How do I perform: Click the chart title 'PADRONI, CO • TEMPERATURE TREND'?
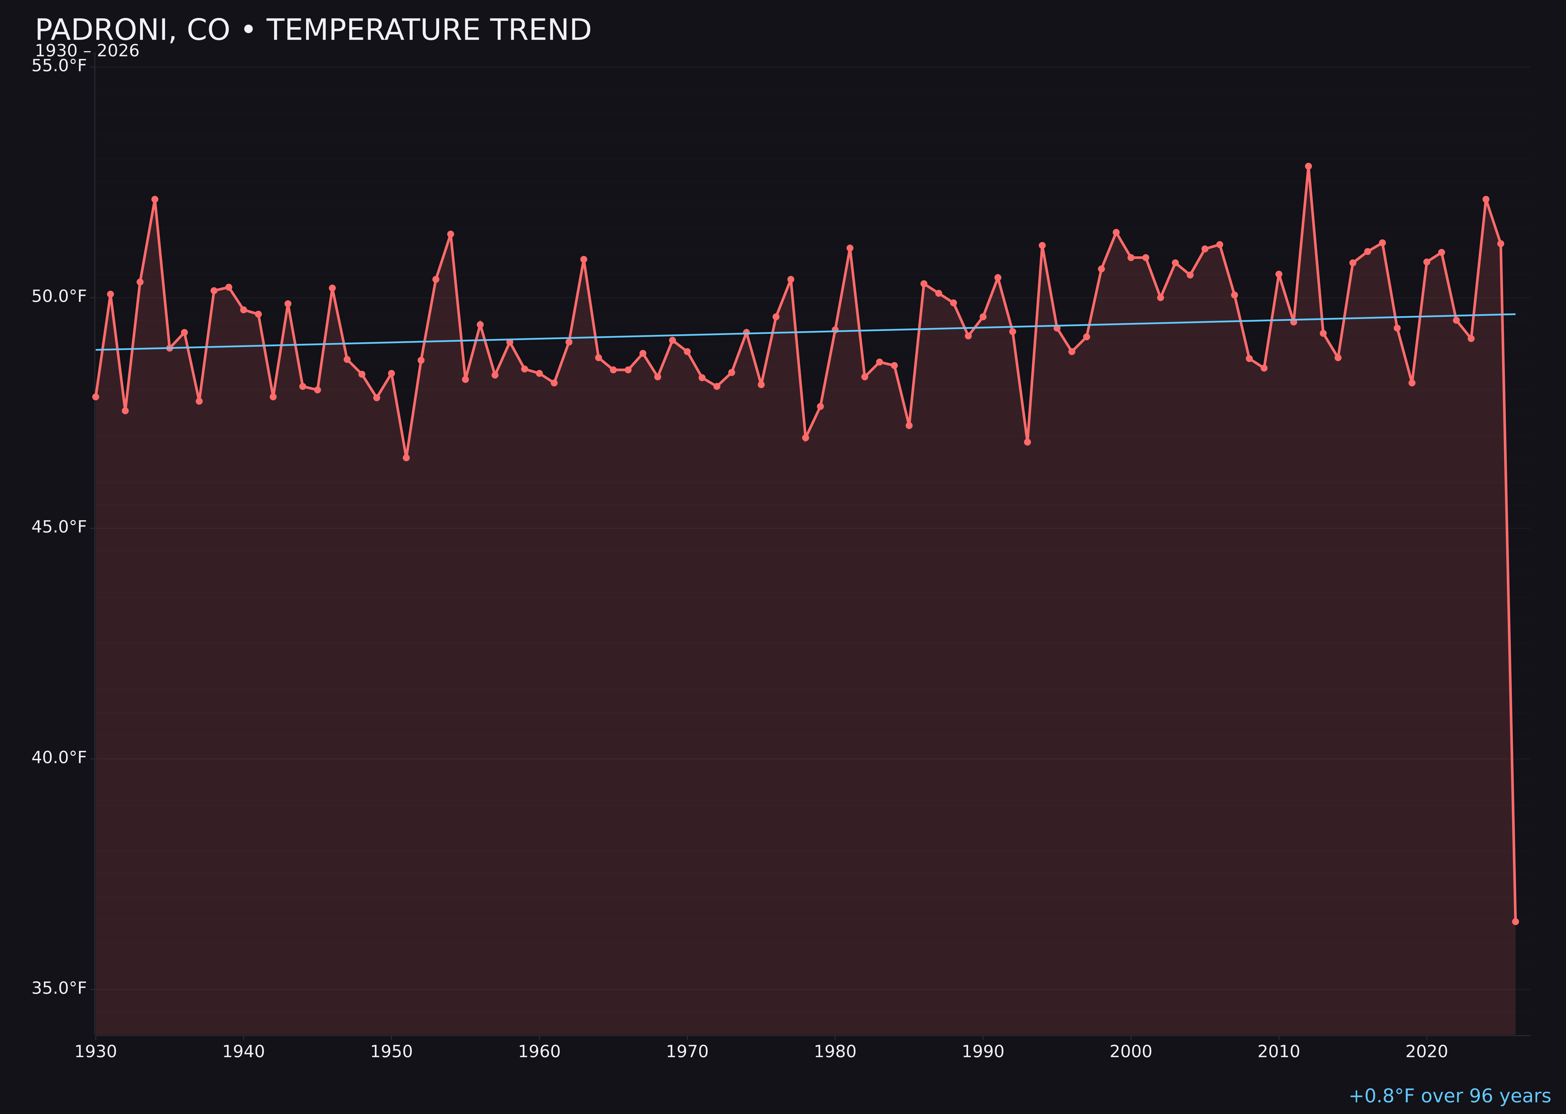[313, 30]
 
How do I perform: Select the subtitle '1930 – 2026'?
[87, 51]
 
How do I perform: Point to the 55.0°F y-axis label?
[59, 66]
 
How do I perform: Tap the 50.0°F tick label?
[59, 297]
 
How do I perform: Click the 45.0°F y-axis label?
[59, 527]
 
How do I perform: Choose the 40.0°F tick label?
[59, 757]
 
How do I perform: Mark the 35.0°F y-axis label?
[59, 988]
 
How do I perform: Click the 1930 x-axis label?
[96, 1052]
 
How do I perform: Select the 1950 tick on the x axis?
[391, 1052]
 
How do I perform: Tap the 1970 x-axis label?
[687, 1052]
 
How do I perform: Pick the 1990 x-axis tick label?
[983, 1052]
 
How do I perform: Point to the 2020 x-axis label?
[1427, 1052]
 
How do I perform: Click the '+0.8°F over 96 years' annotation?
[1449, 1096]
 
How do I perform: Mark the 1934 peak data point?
[155, 200]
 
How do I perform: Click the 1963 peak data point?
[583, 259]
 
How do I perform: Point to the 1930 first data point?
[96, 396]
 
